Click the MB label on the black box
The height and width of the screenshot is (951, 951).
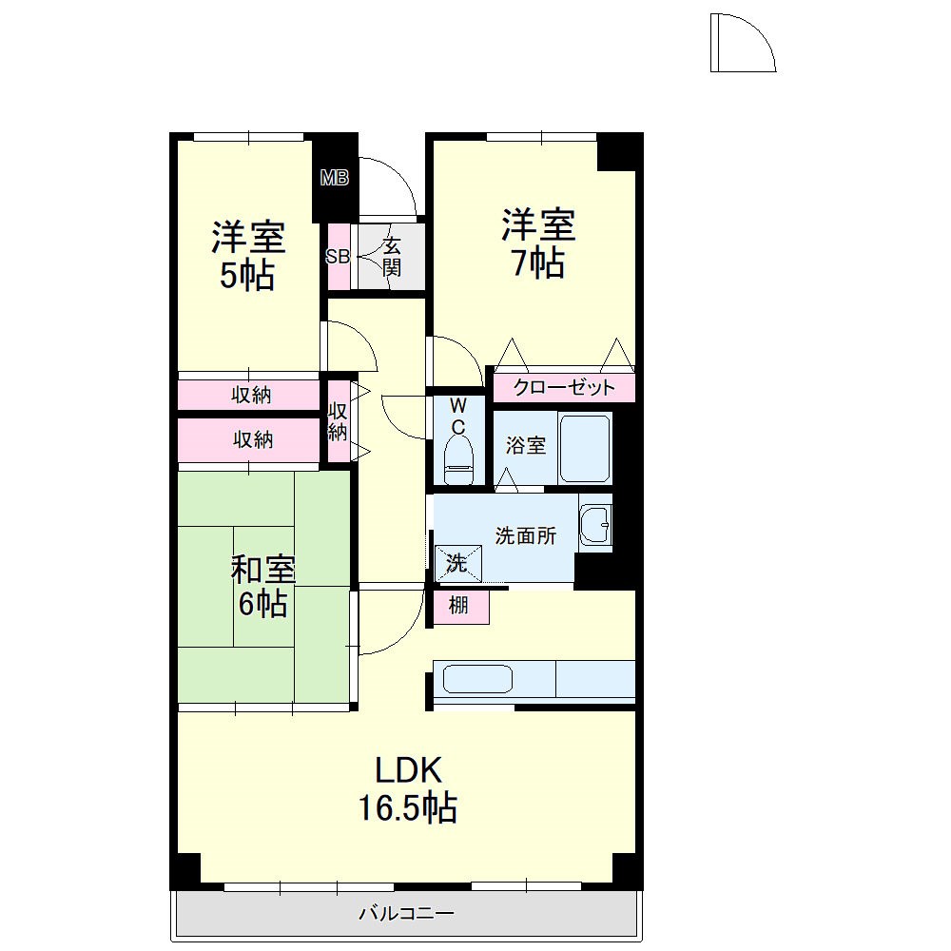(334, 177)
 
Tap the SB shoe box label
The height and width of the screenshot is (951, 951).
(338, 256)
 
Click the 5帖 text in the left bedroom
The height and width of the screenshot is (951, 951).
(248, 275)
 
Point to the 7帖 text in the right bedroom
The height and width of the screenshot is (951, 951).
(538, 262)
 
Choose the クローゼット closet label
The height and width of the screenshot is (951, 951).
(564, 388)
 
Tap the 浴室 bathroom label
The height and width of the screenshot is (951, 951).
(525, 445)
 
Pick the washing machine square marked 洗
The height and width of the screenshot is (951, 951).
(458, 563)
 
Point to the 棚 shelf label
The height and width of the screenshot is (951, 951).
(458, 606)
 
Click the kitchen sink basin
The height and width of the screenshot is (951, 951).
(478, 680)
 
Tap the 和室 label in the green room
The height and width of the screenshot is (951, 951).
(262, 571)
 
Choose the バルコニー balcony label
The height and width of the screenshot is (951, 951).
(406, 915)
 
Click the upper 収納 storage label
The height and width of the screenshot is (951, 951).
(252, 395)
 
